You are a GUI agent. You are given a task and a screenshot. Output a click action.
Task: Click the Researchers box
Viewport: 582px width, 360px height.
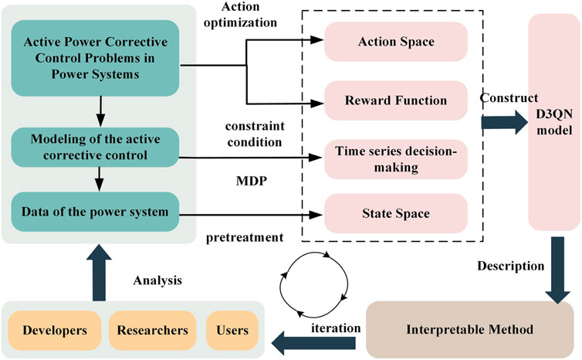coord(152,330)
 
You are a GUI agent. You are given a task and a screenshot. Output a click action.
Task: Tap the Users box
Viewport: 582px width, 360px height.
coord(232,330)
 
